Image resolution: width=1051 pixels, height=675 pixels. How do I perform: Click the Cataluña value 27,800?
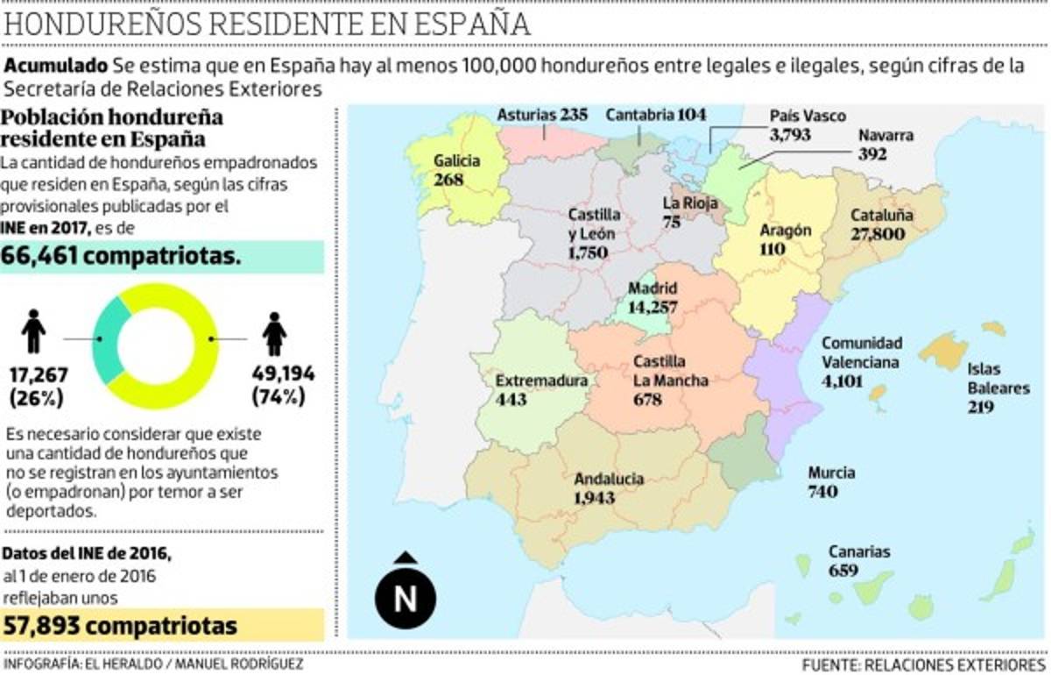(x=877, y=234)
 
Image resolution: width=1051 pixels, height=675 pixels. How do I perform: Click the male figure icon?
(x=33, y=331)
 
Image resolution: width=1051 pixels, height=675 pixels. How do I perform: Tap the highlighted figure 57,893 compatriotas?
(x=120, y=626)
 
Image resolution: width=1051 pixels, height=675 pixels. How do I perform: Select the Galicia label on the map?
(x=456, y=161)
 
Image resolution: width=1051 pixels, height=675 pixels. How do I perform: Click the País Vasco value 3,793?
(x=790, y=135)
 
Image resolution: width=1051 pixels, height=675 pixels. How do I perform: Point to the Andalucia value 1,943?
(x=594, y=498)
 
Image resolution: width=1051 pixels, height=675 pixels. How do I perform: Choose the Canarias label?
(x=859, y=552)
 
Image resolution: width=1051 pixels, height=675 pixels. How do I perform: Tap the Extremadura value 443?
(x=511, y=400)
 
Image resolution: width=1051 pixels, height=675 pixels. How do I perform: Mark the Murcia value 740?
(x=822, y=492)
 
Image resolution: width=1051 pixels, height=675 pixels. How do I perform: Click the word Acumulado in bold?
(x=57, y=66)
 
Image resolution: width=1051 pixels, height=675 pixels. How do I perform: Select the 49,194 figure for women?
(x=283, y=374)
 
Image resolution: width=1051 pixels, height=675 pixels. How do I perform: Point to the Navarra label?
(x=885, y=136)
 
